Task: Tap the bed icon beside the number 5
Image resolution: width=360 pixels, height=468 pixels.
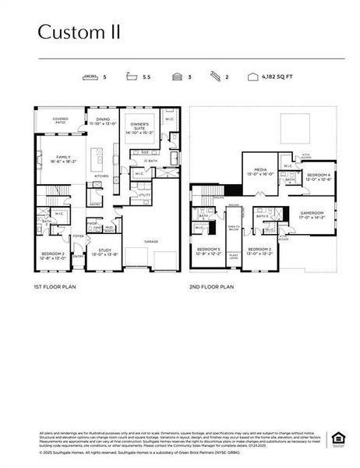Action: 89,78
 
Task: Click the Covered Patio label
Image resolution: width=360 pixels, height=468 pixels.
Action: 60,120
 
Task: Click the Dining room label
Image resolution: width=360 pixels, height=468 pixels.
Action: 103,122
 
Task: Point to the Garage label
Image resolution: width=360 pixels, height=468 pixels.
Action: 151,242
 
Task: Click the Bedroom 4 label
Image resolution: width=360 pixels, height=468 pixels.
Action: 318,176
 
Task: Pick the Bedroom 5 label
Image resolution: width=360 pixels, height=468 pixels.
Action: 209,251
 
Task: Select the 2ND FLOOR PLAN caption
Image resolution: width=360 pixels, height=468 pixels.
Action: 211,286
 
